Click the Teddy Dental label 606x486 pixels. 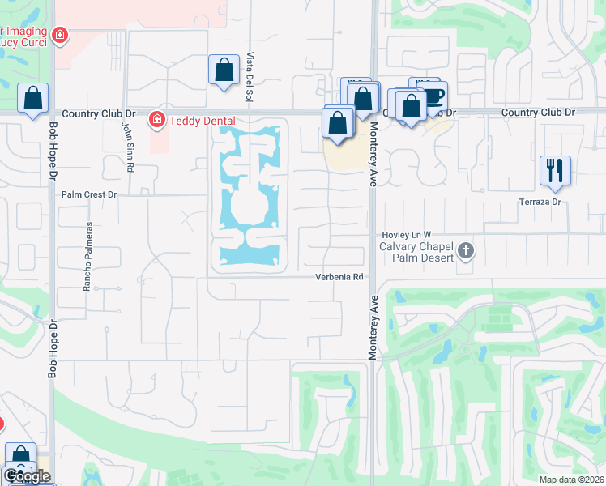(194, 121)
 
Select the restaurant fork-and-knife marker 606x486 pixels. (556, 170)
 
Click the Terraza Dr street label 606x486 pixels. (540, 201)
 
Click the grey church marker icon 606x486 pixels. (465, 250)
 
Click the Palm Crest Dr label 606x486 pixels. (90, 195)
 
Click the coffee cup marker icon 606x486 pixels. (433, 94)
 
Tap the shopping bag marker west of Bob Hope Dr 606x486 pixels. (32, 98)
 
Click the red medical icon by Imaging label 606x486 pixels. (59, 35)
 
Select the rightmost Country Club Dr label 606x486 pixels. (538, 112)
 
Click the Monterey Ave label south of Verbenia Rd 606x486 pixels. (374, 328)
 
